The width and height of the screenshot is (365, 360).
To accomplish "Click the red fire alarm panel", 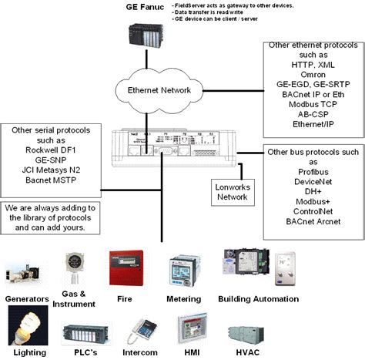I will [126, 269].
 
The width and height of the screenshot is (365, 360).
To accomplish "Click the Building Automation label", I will [258, 298].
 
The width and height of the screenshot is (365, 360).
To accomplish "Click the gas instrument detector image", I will [75, 269].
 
